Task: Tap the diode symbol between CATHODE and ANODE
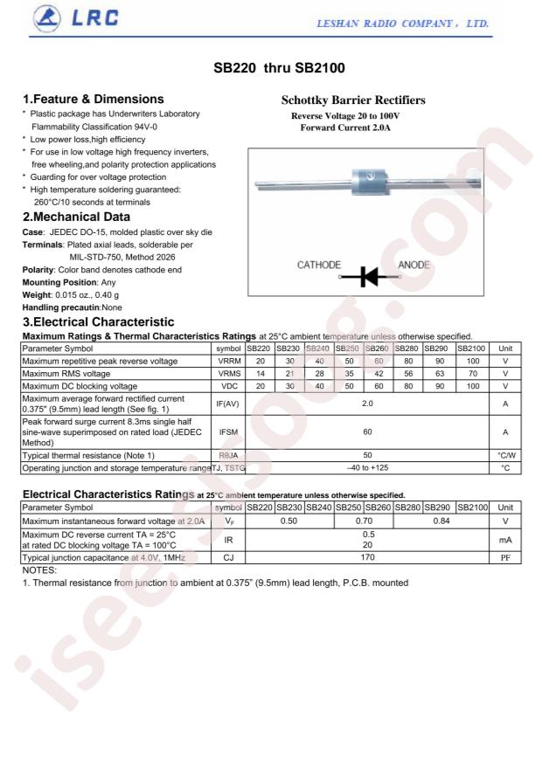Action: (x=372, y=276)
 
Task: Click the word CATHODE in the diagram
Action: (x=319, y=265)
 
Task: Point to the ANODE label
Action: (x=415, y=265)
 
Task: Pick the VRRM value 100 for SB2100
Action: (x=472, y=360)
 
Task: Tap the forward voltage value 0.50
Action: (x=289, y=521)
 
